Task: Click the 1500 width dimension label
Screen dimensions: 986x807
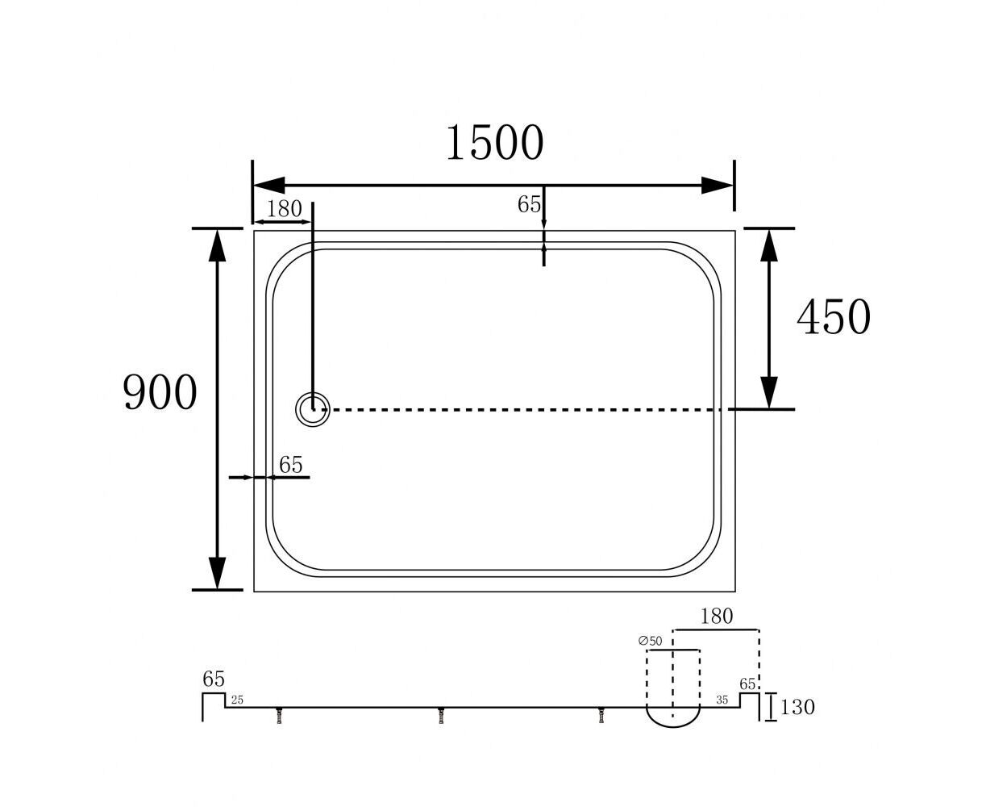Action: pyautogui.click(x=495, y=142)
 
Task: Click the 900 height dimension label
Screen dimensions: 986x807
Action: pyautogui.click(x=160, y=392)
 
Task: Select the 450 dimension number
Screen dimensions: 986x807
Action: pyautogui.click(x=834, y=317)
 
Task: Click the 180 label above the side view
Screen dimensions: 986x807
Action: pyautogui.click(x=716, y=617)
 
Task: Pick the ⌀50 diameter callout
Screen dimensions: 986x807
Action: pyautogui.click(x=651, y=641)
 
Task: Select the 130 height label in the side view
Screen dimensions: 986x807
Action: pyautogui.click(x=797, y=707)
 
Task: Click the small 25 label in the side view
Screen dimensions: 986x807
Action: pyautogui.click(x=238, y=700)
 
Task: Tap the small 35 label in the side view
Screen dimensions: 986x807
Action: pyautogui.click(x=722, y=700)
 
